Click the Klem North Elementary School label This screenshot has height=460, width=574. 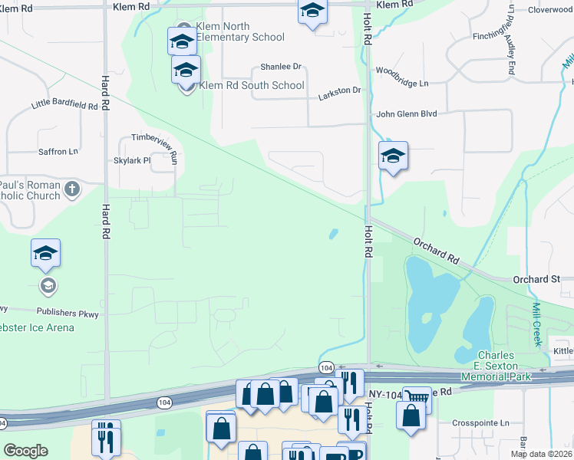pyautogui.click(x=240, y=31)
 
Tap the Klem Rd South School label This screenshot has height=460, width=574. pyautogui.click(x=251, y=85)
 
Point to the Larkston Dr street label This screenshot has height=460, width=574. pyautogui.click(x=339, y=90)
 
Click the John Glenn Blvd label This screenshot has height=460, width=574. pyautogui.click(x=406, y=113)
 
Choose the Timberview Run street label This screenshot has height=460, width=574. pyautogui.click(x=154, y=137)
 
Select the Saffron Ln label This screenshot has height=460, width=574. pyautogui.click(x=59, y=152)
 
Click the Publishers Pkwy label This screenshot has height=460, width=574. pyautogui.click(x=68, y=312)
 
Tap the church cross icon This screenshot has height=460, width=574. pyautogui.click(x=72, y=189)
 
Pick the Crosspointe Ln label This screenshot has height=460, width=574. pyautogui.click(x=480, y=422)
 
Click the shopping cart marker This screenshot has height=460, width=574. pyautogui.click(x=417, y=396)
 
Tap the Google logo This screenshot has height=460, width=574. pyautogui.click(x=25, y=451)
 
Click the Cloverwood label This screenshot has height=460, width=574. pyautogui.click(x=550, y=10)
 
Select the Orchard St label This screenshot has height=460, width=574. pyautogui.click(x=536, y=280)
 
